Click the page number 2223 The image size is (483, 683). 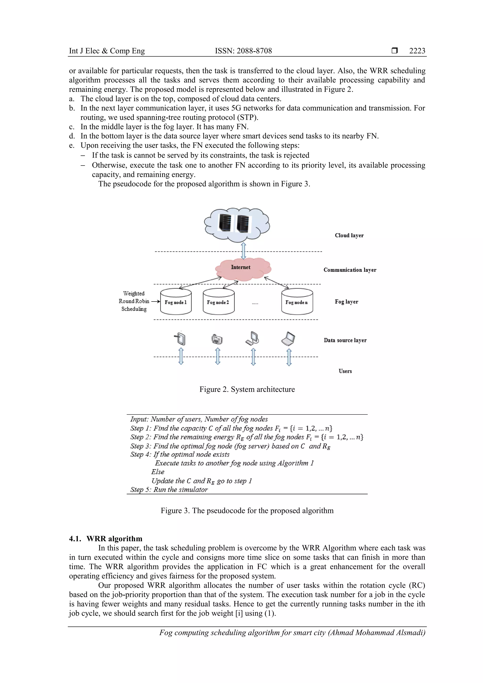pyautogui.click(x=417, y=51)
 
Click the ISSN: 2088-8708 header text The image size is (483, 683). pyautogui.click(x=243, y=51)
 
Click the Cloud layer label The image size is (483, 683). pyautogui.click(x=349, y=235)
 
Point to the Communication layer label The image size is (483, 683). pyautogui.click(x=350, y=270)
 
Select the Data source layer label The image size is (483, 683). pyautogui.click(x=345, y=340)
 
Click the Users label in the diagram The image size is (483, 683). pyautogui.click(x=345, y=371)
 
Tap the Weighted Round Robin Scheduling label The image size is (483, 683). pyautogui.click(x=134, y=301)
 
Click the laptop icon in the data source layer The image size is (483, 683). pyautogui.click(x=288, y=339)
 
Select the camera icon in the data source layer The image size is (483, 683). pyautogui.click(x=217, y=339)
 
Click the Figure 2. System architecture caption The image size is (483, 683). pyautogui.click(x=247, y=389)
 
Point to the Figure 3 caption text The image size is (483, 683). pyautogui.click(x=247, y=511)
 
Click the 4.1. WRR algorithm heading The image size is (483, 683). pyautogui.click(x=106, y=539)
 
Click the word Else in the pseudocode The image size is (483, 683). pyautogui.click(x=158, y=472)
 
